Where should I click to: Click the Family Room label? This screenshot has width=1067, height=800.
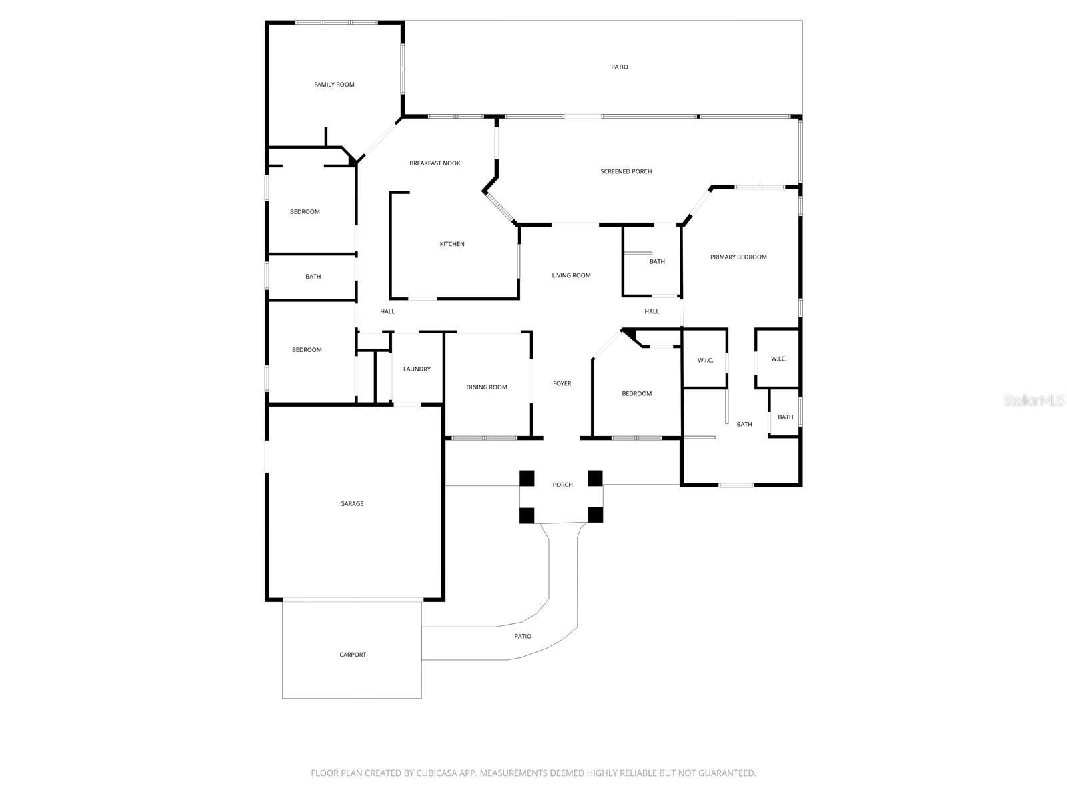(x=334, y=85)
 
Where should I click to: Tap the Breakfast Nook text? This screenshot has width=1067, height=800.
(x=435, y=163)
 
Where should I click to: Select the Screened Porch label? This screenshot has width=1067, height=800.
(x=626, y=171)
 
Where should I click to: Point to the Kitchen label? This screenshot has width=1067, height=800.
(x=451, y=244)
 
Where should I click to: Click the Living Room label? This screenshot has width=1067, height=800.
(x=571, y=275)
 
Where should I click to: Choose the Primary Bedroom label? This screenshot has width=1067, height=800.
(x=738, y=257)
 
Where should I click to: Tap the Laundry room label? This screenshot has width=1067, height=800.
(x=417, y=369)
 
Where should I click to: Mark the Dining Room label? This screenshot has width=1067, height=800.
(x=486, y=387)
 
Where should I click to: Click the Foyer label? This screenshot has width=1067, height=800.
(x=562, y=383)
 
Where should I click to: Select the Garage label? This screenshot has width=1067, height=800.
(x=351, y=504)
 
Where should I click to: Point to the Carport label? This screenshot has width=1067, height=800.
(x=353, y=655)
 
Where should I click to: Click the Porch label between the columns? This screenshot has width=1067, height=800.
(x=562, y=485)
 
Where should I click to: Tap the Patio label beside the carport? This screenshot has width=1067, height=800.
(x=523, y=636)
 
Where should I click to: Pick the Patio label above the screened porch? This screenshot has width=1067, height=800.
(x=620, y=67)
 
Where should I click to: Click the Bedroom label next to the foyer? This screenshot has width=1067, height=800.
(x=636, y=393)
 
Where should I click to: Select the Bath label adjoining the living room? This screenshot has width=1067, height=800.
(x=657, y=262)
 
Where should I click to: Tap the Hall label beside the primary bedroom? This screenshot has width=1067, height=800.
(x=652, y=311)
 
